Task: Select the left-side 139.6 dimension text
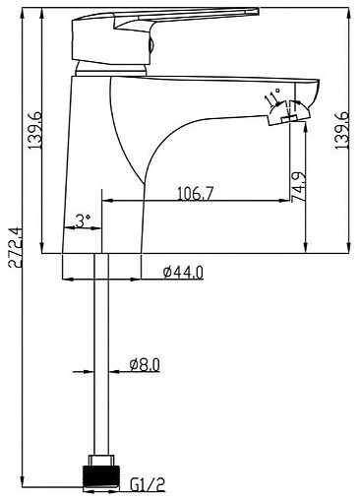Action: [x=35, y=130]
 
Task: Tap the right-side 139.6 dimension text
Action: [x=342, y=131]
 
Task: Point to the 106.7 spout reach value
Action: [x=196, y=193]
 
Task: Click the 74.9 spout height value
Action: [x=298, y=187]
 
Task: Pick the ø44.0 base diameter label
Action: [x=183, y=272]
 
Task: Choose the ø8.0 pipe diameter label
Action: [x=145, y=365]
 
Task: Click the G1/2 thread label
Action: [x=148, y=484]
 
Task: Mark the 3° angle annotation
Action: [x=83, y=221]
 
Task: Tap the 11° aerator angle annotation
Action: [x=272, y=96]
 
